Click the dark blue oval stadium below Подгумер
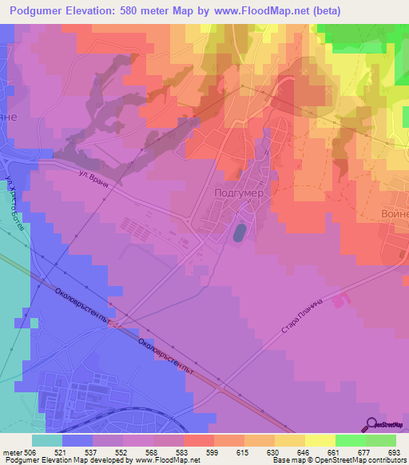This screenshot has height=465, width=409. coord(239,233)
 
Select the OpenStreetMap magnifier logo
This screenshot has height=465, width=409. coord(370,423)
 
